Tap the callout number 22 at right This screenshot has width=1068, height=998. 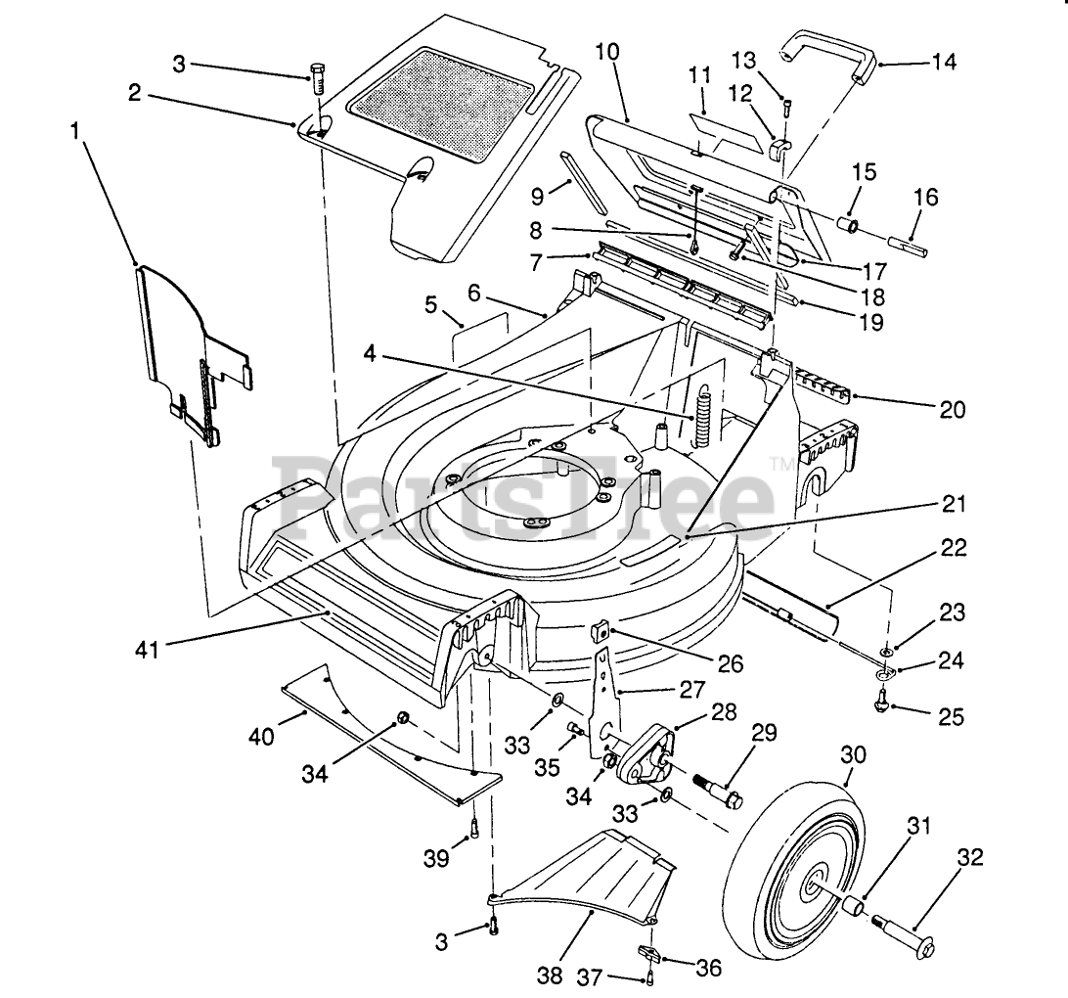pyautogui.click(x=954, y=549)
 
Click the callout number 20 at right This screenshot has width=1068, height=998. pyautogui.click(x=953, y=409)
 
